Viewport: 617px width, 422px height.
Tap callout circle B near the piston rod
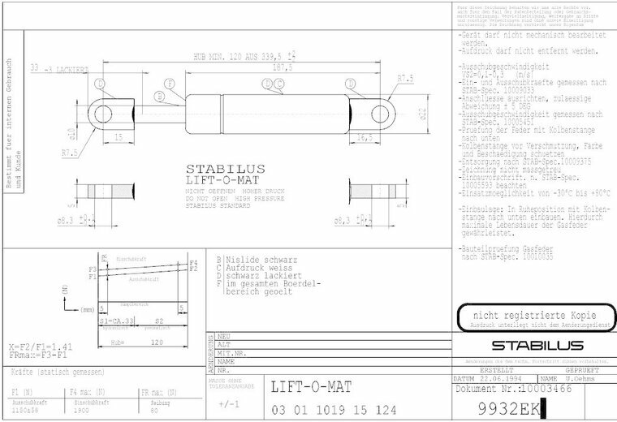point(159,97)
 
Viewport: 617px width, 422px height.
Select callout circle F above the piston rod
point(170,84)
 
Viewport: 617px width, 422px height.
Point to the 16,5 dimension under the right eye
point(365,137)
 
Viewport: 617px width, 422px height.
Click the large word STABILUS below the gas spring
point(219,170)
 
